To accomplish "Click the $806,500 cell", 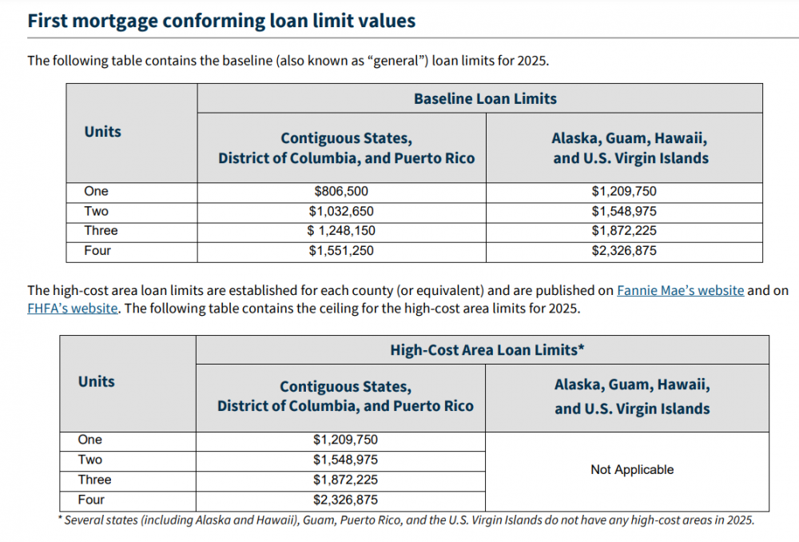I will [341, 192].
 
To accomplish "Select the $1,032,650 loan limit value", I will [341, 212].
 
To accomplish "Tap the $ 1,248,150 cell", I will [341, 231].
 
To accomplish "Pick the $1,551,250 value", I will [341, 251].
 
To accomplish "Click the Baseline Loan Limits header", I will [485, 99].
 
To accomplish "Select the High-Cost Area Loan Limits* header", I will [482, 350].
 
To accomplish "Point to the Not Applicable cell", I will [632, 470].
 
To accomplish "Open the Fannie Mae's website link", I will [680, 291].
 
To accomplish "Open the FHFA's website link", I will [73, 309].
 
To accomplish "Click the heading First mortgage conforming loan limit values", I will [221, 21].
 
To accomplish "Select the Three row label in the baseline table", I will [101, 231].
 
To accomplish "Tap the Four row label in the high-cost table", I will [91, 500].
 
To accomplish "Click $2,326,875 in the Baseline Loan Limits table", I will [624, 251].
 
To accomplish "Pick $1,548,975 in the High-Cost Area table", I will [345, 460].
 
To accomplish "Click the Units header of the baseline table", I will [103, 132].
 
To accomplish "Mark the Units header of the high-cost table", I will [97, 382].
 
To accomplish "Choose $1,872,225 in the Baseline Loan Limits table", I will [624, 231].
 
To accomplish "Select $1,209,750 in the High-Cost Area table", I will [345, 440].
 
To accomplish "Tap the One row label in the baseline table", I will [97, 192].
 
